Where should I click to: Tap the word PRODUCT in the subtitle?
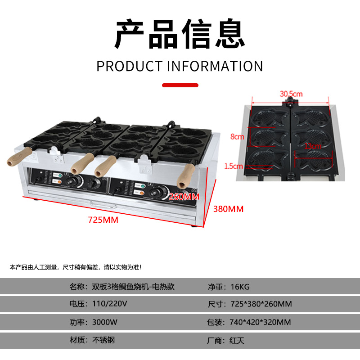129,66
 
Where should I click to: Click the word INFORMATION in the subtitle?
215,66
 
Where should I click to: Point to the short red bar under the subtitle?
180,85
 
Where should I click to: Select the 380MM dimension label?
228,209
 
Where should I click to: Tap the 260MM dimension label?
184,197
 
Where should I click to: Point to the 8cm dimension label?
238,137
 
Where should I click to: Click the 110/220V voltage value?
109,304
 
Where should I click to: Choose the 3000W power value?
105,322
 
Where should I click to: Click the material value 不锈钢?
103,340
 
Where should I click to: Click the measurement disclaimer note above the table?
76,267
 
